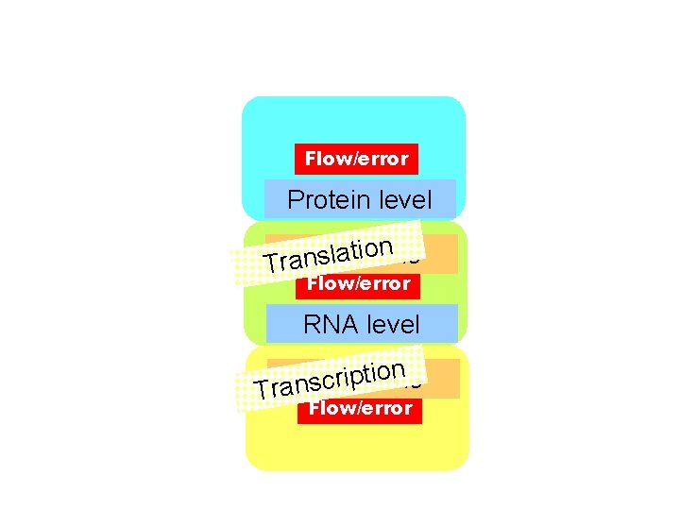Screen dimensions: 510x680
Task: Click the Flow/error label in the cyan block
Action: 357,159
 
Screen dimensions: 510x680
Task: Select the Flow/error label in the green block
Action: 359,283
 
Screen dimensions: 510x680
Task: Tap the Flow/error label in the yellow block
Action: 361,408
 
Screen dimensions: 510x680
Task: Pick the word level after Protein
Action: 404,200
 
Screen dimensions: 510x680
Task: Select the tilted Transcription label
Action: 331,378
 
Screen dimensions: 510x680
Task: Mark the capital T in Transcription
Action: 263,389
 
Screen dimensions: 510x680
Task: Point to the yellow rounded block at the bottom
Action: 357,444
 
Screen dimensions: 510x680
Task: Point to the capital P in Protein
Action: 295,200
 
